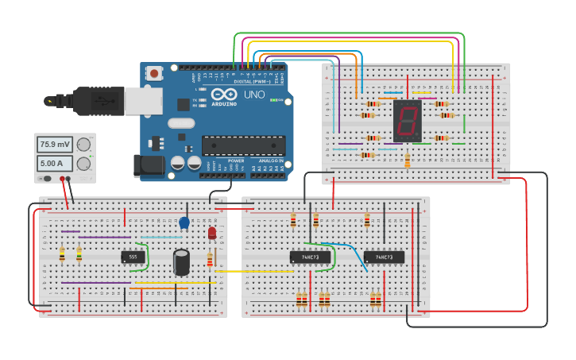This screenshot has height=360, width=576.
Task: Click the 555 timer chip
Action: [x=133, y=257]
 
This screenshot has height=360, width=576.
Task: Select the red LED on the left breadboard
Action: [x=211, y=233]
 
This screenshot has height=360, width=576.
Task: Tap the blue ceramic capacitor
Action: [x=184, y=223]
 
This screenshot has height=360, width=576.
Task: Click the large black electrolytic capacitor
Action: [x=182, y=262]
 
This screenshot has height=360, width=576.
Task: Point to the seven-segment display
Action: [x=407, y=121]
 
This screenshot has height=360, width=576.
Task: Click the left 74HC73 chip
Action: [x=310, y=257]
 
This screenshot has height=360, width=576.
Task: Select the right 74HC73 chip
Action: [x=384, y=257]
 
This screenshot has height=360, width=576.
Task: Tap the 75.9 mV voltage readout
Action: [x=55, y=145]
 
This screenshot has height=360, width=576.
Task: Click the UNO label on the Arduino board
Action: [x=254, y=95]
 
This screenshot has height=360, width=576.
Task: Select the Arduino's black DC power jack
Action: [x=150, y=164]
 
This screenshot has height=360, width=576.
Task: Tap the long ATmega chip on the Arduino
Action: [x=243, y=145]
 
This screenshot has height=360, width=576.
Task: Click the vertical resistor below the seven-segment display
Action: [x=408, y=161]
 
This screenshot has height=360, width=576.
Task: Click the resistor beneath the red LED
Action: [x=210, y=259]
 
